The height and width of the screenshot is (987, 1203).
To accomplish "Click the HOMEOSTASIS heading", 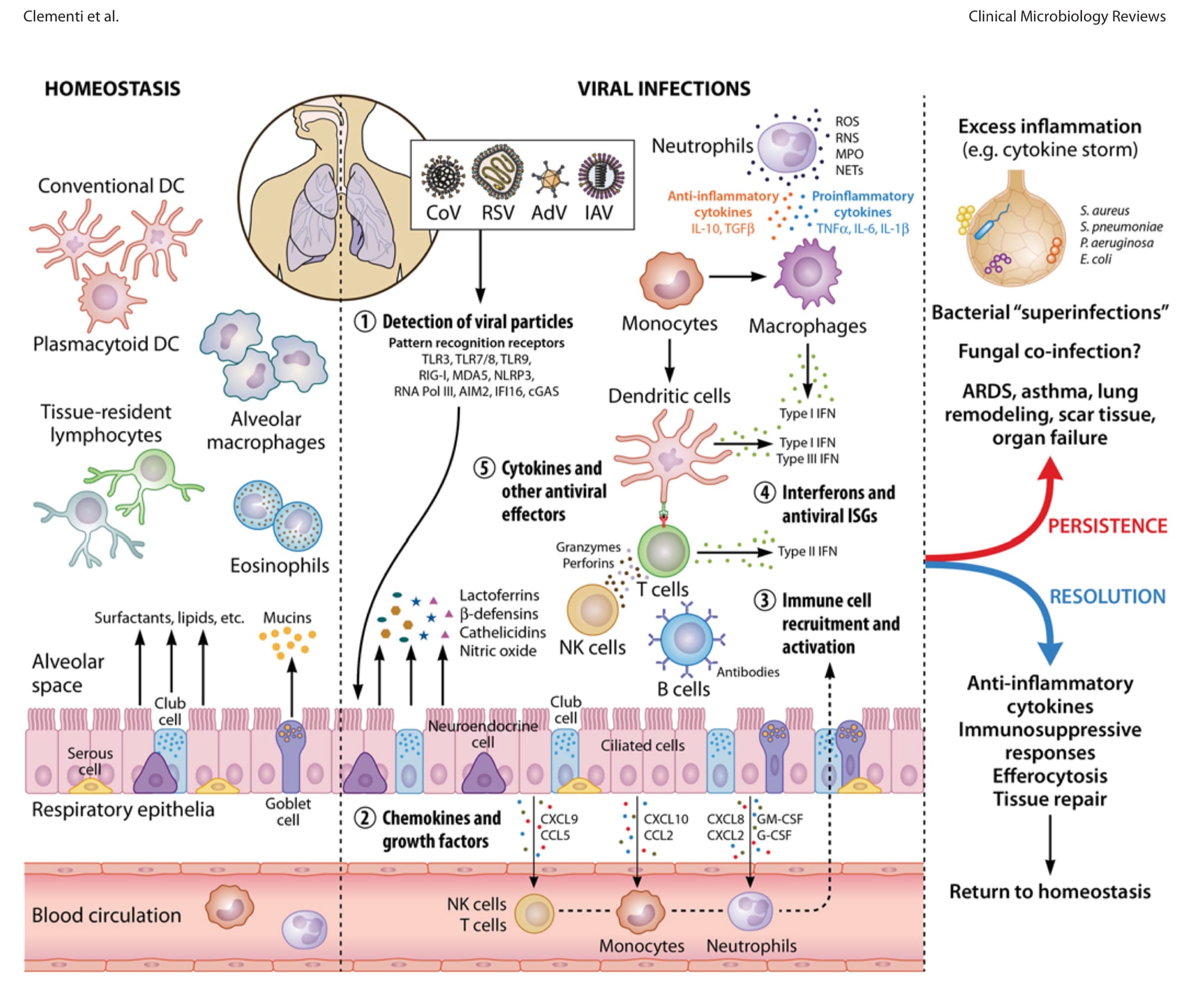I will coord(112,88).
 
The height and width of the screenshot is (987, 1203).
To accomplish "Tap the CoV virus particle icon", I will coord(443,177).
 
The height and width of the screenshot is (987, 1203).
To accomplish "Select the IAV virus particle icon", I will coord(601,176).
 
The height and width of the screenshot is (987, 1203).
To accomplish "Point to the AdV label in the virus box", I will coord(549,212).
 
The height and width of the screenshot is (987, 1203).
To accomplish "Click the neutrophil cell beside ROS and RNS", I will coord(788,147).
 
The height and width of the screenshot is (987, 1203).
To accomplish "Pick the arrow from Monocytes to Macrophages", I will coord(737,277).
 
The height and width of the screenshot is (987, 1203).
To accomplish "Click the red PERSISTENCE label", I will coord(1107,526).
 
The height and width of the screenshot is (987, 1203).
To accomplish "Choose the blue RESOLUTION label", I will coord(1107,596).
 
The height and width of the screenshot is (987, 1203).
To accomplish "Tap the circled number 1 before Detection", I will coord(365,322).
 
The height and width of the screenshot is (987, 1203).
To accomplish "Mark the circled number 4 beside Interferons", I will coord(765,492).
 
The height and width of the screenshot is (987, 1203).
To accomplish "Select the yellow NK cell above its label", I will coord(593,609).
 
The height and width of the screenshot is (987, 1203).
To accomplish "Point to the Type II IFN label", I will coord(807,551).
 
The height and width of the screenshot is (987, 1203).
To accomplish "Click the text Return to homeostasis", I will coord(1050,891).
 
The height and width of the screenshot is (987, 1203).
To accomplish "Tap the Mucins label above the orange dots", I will coord(287,617).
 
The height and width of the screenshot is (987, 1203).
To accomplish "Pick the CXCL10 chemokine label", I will coord(666,819).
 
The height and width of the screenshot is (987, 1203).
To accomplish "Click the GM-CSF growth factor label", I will coord(780,819).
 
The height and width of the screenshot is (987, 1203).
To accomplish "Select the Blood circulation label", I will coord(106,915).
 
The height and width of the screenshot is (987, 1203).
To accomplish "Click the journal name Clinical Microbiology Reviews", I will coord(1066,16).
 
